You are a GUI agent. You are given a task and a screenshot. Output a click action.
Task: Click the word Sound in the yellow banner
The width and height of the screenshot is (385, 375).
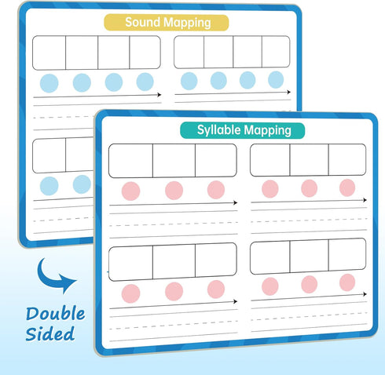tap(141, 22)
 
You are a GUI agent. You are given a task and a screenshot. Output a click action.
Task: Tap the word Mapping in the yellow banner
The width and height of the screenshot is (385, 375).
tap(185, 23)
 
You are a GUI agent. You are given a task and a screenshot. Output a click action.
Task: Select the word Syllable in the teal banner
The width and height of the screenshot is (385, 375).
tap(219, 130)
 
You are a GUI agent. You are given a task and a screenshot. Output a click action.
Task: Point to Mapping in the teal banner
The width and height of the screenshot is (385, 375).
tap(268, 130)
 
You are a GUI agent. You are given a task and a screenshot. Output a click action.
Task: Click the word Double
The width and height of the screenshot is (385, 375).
tap(55, 314)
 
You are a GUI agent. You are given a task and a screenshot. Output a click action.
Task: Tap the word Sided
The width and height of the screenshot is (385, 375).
tap(50, 333)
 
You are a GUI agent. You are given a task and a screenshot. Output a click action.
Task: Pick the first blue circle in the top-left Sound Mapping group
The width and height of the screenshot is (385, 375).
tap(49, 83)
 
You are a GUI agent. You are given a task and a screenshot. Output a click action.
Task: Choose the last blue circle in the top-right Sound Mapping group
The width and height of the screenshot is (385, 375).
tap(276, 79)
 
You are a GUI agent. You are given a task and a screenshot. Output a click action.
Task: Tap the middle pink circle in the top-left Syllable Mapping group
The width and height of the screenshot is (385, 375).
tap(174, 191)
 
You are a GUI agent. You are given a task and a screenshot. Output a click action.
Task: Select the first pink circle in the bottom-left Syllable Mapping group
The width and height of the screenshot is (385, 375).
tap(130, 293)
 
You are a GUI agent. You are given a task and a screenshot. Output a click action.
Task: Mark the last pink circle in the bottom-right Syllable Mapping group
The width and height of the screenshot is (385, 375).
tap(347, 282)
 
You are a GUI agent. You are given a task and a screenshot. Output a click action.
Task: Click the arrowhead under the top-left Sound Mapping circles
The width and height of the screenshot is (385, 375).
tap(159, 95)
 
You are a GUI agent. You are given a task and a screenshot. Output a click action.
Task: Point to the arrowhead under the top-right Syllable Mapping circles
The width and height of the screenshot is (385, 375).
tap(365, 200)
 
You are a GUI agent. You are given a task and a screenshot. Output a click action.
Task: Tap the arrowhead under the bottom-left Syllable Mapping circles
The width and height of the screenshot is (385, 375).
tap(235, 301)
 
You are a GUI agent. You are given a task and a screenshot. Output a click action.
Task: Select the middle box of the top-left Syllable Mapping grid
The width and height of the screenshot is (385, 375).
tap(174, 161)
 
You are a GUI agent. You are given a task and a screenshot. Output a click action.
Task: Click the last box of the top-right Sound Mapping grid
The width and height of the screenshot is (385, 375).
tap(276, 52)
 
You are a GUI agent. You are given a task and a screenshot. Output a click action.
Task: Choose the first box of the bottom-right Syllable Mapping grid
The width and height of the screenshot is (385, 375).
tap(270, 258)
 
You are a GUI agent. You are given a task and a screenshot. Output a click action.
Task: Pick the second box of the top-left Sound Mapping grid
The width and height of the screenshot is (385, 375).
tap(82, 53)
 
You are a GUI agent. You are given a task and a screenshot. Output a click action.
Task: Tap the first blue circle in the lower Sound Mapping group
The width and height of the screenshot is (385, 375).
tap(49, 186)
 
